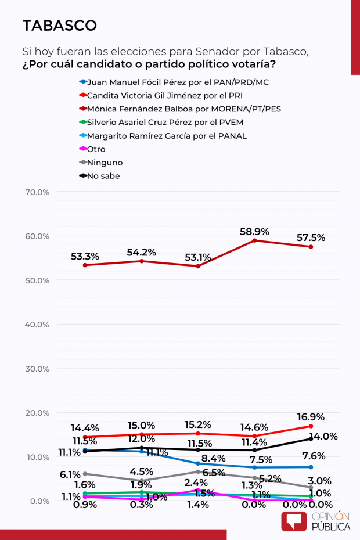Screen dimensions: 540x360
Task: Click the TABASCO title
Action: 59,26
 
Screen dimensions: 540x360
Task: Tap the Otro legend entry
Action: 96,149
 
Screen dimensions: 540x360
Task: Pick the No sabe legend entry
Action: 103,176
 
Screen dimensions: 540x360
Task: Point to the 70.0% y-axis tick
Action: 37,192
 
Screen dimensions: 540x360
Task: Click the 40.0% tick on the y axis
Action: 37,325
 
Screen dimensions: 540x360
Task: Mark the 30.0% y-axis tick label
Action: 37,369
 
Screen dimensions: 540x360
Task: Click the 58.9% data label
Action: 254,232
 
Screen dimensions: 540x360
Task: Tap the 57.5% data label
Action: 311,238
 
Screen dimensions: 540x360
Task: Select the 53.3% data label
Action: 85,256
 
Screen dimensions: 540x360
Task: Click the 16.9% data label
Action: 311,417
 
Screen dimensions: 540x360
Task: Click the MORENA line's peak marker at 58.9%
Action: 255,240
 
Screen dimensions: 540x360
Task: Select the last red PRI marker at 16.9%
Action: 311,426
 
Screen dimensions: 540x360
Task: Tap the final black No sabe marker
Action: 311,439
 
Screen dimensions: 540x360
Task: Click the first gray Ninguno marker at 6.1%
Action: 85,474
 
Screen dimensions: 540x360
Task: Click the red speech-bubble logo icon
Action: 294,521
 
